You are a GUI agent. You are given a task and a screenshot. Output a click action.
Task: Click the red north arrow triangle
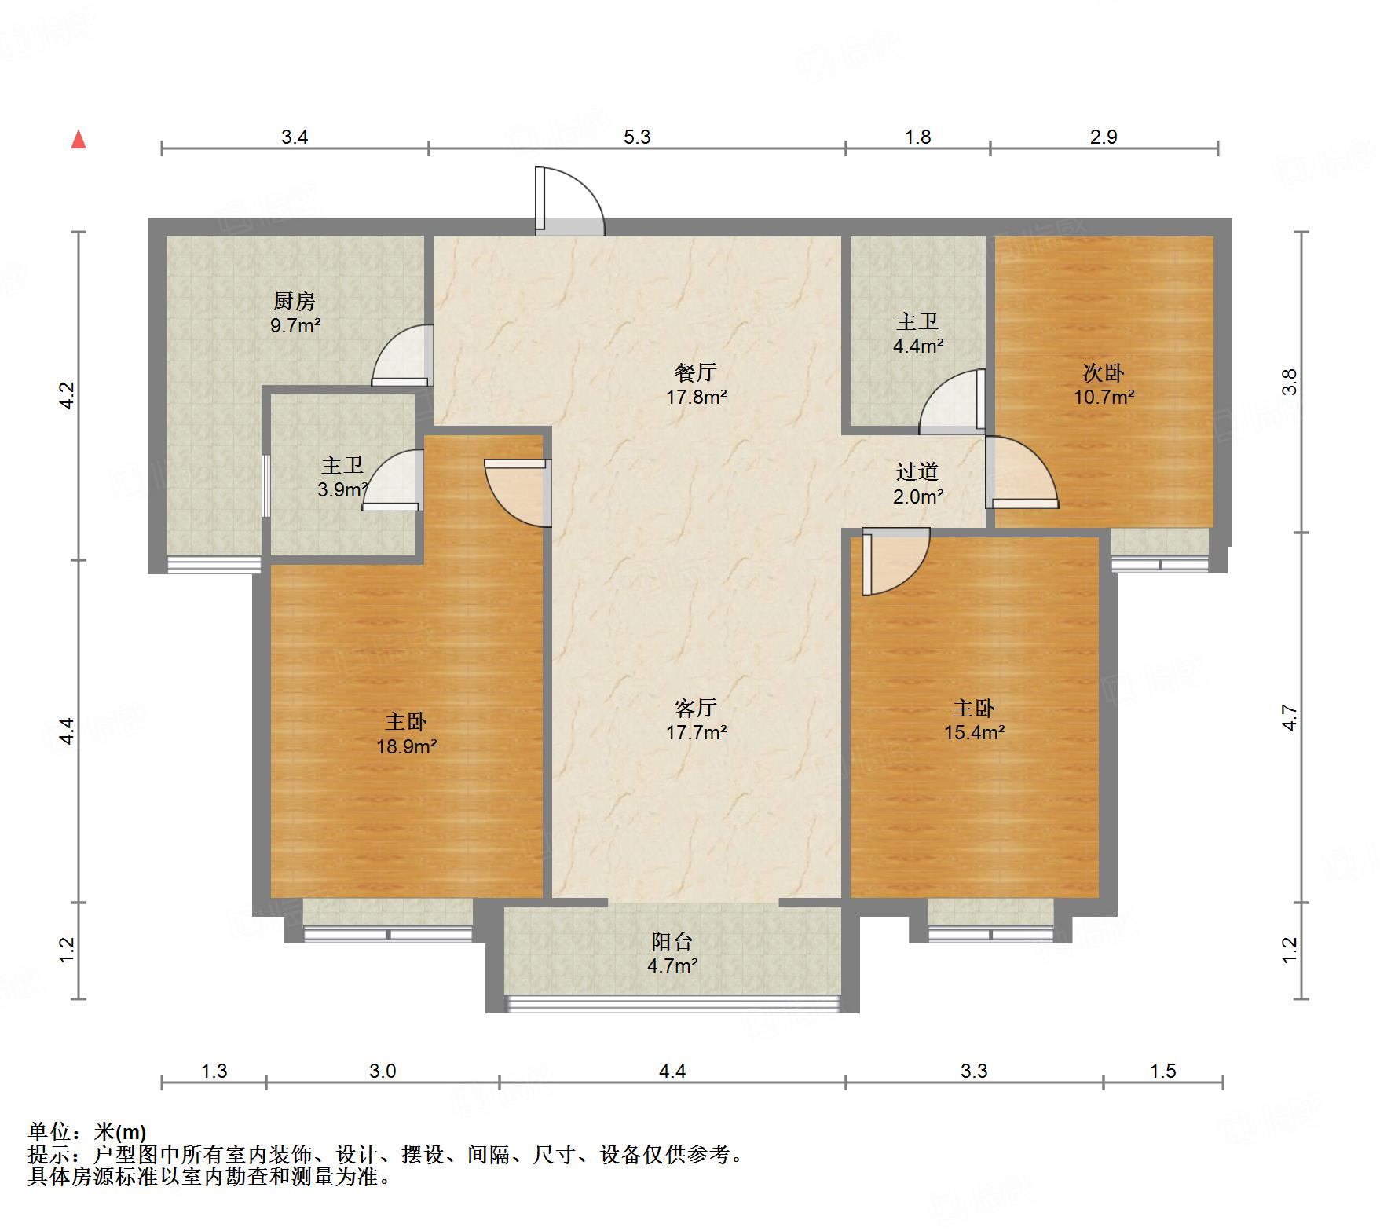(x=79, y=140)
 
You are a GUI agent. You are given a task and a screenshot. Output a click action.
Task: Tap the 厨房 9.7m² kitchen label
(x=295, y=313)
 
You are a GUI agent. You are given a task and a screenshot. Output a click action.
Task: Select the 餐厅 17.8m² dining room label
(x=696, y=384)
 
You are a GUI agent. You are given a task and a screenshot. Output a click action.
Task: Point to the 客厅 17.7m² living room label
(x=696, y=720)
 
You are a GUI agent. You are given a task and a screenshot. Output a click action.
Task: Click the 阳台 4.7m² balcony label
(x=672, y=953)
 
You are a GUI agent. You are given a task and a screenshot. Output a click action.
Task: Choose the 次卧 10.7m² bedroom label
(x=1104, y=384)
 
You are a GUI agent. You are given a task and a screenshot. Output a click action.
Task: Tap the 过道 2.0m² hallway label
(x=917, y=483)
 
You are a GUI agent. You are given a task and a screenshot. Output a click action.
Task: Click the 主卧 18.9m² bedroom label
(x=406, y=733)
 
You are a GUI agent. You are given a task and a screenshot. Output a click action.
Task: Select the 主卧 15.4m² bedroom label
(x=974, y=720)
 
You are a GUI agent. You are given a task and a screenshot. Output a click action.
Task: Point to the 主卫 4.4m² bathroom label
(x=917, y=333)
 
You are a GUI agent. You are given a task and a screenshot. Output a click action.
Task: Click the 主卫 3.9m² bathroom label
(x=342, y=478)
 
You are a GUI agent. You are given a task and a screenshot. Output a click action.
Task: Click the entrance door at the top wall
(x=569, y=203)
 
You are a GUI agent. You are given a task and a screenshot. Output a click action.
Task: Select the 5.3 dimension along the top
(x=637, y=137)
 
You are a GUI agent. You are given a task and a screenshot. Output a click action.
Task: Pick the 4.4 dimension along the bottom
(x=672, y=1072)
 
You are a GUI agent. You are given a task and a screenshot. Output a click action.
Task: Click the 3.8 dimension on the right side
(x=1289, y=382)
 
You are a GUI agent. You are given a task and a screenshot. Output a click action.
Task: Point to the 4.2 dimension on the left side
(x=67, y=395)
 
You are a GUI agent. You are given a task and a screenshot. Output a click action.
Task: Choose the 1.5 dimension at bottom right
(x=1162, y=1072)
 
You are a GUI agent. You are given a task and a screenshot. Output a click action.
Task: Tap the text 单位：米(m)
(x=86, y=1132)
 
